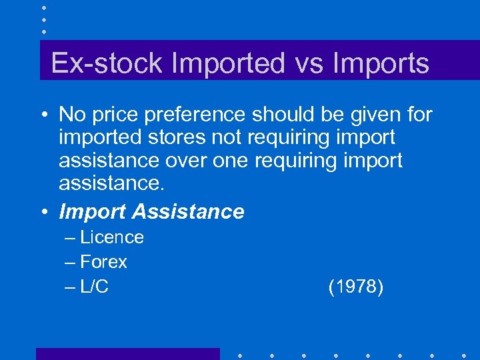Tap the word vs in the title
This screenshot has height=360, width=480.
coord(311,63)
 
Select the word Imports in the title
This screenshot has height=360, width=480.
coord(381,63)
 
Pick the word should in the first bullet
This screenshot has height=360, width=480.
coord(287,115)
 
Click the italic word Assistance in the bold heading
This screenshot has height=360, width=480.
coord(189,212)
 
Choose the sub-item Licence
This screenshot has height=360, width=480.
coord(112,237)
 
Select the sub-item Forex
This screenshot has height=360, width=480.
coord(103,262)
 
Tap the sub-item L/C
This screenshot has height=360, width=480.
coord(95,287)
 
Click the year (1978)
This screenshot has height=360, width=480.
coord(356,287)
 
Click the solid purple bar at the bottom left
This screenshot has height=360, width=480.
coord(127,353)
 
